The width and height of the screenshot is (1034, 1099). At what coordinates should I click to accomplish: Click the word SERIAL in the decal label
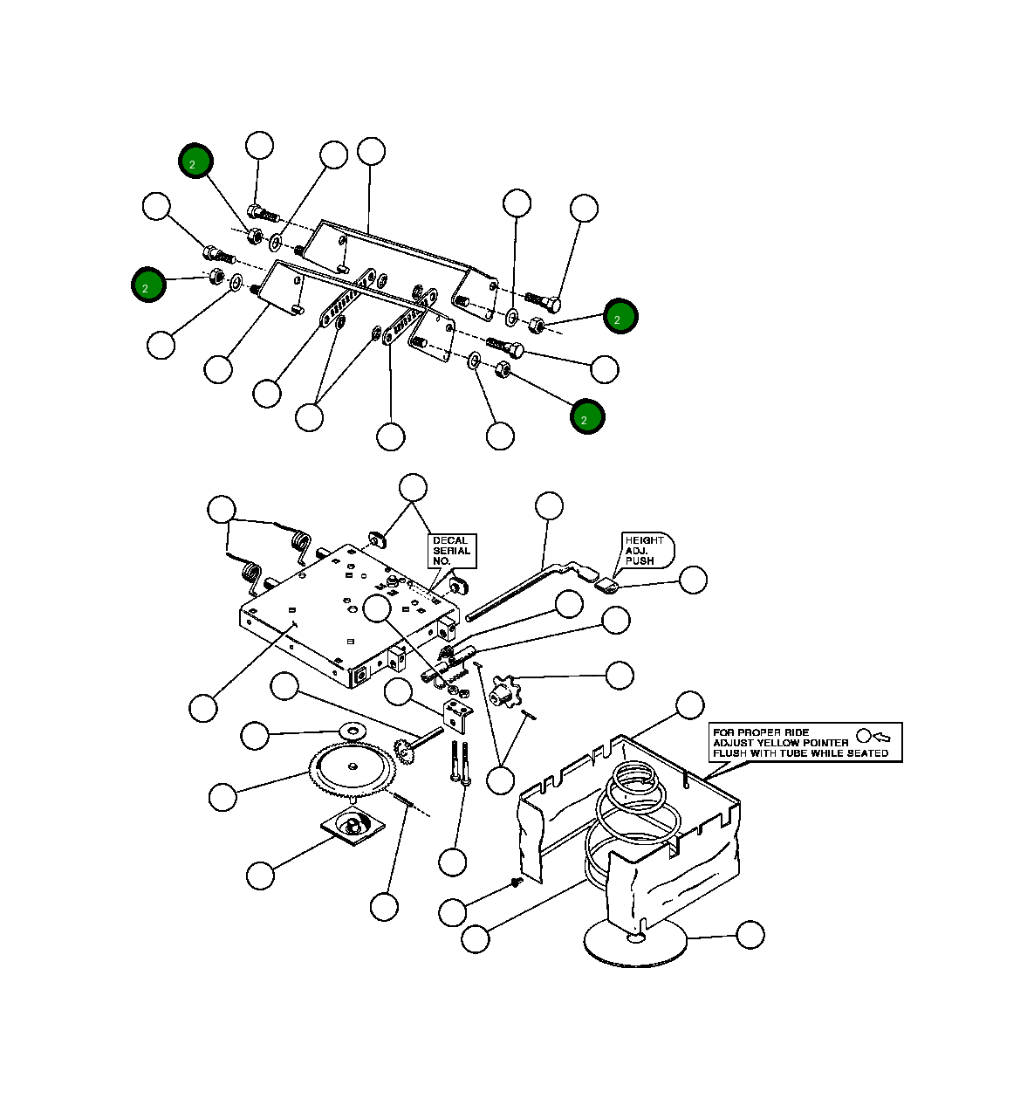coord(451,551)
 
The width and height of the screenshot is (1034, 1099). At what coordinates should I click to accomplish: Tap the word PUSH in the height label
coord(639,561)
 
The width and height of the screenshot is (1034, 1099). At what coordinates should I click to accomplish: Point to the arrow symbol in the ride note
coord(882,737)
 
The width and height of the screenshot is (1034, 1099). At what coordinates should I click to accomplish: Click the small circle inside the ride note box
coord(864,736)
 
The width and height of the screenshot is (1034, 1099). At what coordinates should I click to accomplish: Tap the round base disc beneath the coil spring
coord(634,943)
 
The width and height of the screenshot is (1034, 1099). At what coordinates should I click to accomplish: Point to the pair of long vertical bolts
coord(460,762)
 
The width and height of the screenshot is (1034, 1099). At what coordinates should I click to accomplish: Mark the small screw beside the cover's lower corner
coord(516,883)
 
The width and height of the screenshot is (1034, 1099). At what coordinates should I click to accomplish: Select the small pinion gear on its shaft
coord(404,748)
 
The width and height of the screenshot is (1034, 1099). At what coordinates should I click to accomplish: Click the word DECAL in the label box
coord(449,540)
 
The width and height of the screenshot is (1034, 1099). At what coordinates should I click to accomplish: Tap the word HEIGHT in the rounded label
coord(644,540)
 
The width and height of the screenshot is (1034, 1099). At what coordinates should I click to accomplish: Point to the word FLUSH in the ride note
coord(729,753)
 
